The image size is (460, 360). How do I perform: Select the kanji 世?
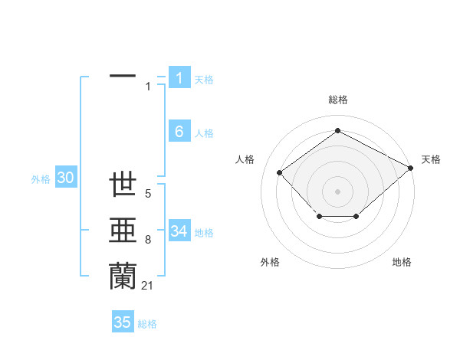[x=123, y=185]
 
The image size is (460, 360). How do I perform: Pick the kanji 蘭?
[x=123, y=275]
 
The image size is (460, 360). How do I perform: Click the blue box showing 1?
[x=179, y=77]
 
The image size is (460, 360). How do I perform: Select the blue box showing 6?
[x=179, y=132]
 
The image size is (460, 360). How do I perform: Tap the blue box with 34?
[x=179, y=231]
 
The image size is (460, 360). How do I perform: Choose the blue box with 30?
[x=65, y=178]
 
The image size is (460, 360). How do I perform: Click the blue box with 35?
[x=123, y=322]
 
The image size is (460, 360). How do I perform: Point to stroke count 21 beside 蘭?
[x=147, y=286]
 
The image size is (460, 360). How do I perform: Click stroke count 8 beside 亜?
[x=147, y=241]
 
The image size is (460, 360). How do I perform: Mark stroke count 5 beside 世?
[x=147, y=195]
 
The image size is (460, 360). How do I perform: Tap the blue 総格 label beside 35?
[x=147, y=323]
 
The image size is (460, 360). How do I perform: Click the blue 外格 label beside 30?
[x=41, y=179]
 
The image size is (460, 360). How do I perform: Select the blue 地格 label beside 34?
[x=204, y=232]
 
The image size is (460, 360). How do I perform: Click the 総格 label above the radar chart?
[x=337, y=100]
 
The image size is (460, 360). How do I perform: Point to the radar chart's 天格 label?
[x=431, y=159]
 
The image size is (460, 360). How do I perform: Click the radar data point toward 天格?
[x=411, y=168]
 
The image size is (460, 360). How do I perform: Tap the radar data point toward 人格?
[x=280, y=172]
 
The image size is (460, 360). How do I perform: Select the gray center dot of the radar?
[x=337, y=191]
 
